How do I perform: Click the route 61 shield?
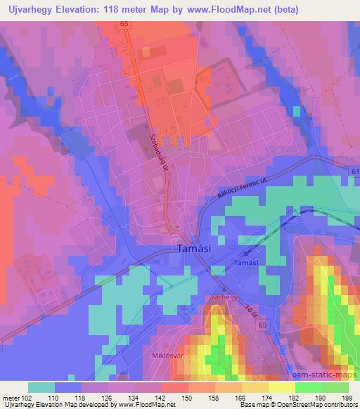click(353, 171)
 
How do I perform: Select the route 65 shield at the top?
click(124, 23)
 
